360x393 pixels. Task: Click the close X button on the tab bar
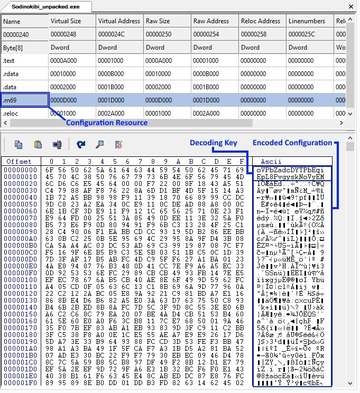(350, 6)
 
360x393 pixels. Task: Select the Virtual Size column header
(66, 21)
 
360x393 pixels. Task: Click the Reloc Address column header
(261, 21)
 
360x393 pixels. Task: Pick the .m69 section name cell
(25, 100)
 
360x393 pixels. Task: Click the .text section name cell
(25, 61)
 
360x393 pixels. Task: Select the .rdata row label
(25, 74)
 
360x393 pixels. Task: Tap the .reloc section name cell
(25, 113)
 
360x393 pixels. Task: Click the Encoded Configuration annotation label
(292, 143)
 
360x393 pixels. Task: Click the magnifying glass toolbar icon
(99, 144)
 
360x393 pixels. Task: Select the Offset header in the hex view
(19, 161)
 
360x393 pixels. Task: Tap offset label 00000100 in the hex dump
(19, 279)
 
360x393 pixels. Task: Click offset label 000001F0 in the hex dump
(19, 383)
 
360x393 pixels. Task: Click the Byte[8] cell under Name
(25, 48)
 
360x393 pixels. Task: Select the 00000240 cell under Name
(25, 34)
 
